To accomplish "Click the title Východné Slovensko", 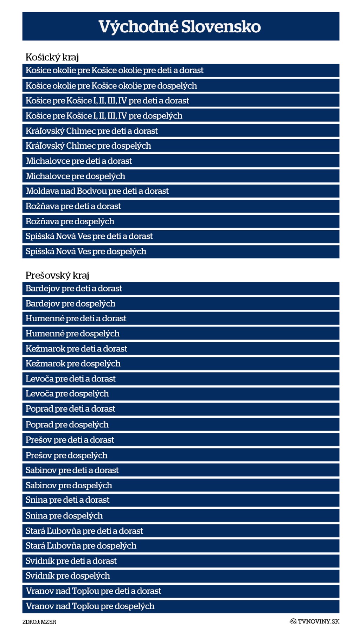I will point(180,27).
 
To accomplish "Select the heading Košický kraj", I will point(52,57).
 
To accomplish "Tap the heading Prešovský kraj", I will point(57,275).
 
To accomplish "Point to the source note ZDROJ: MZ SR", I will point(39,622).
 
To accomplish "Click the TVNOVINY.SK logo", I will point(315,622).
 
